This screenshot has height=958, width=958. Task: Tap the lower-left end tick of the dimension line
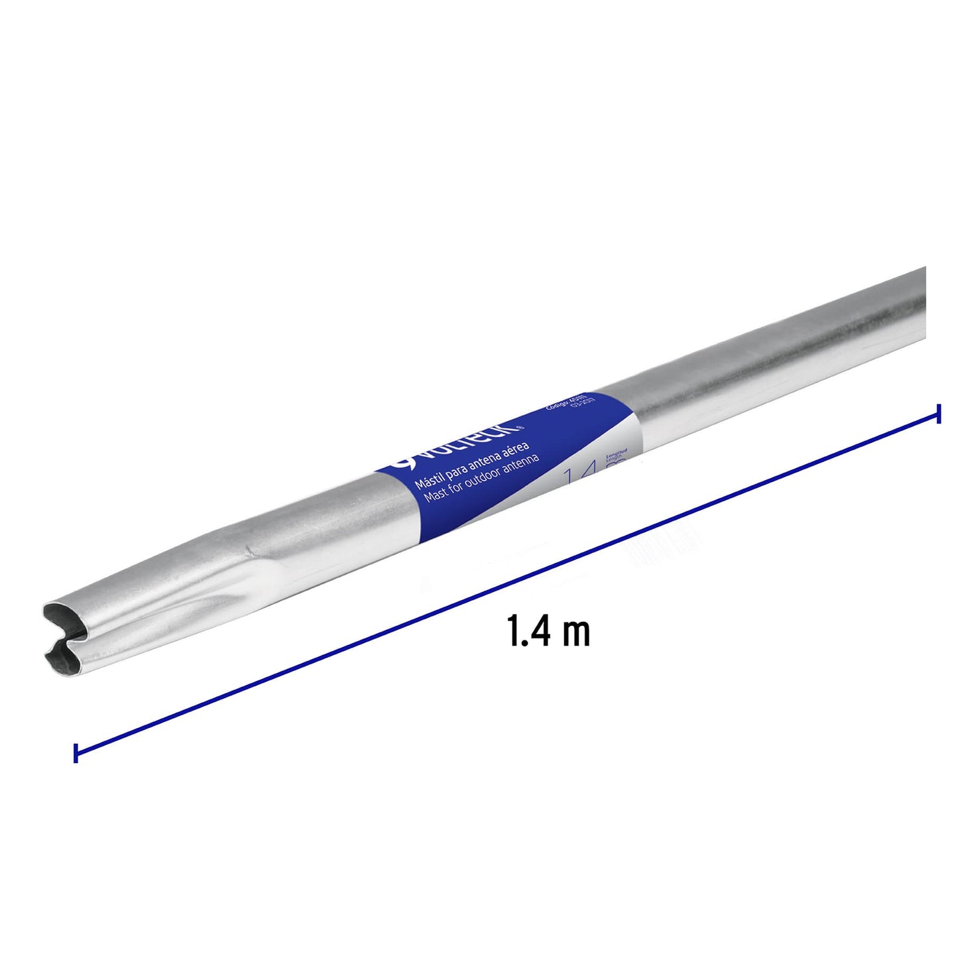[x=76, y=752]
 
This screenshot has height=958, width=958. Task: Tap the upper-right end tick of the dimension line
[x=938, y=413]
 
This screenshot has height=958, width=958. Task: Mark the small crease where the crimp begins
[x=249, y=550]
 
